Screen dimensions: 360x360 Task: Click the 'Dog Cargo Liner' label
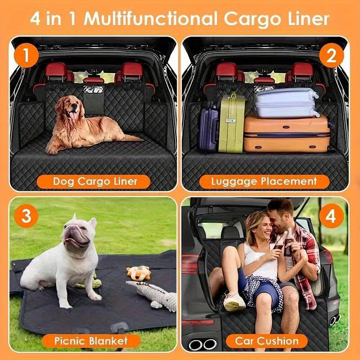[95, 182]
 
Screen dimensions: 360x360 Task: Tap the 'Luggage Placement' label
[265, 182]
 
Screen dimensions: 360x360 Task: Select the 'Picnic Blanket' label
[91, 340]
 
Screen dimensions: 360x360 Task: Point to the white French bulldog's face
[76, 234]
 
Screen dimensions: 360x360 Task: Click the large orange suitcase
[286, 133]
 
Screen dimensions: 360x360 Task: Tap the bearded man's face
[279, 216]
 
